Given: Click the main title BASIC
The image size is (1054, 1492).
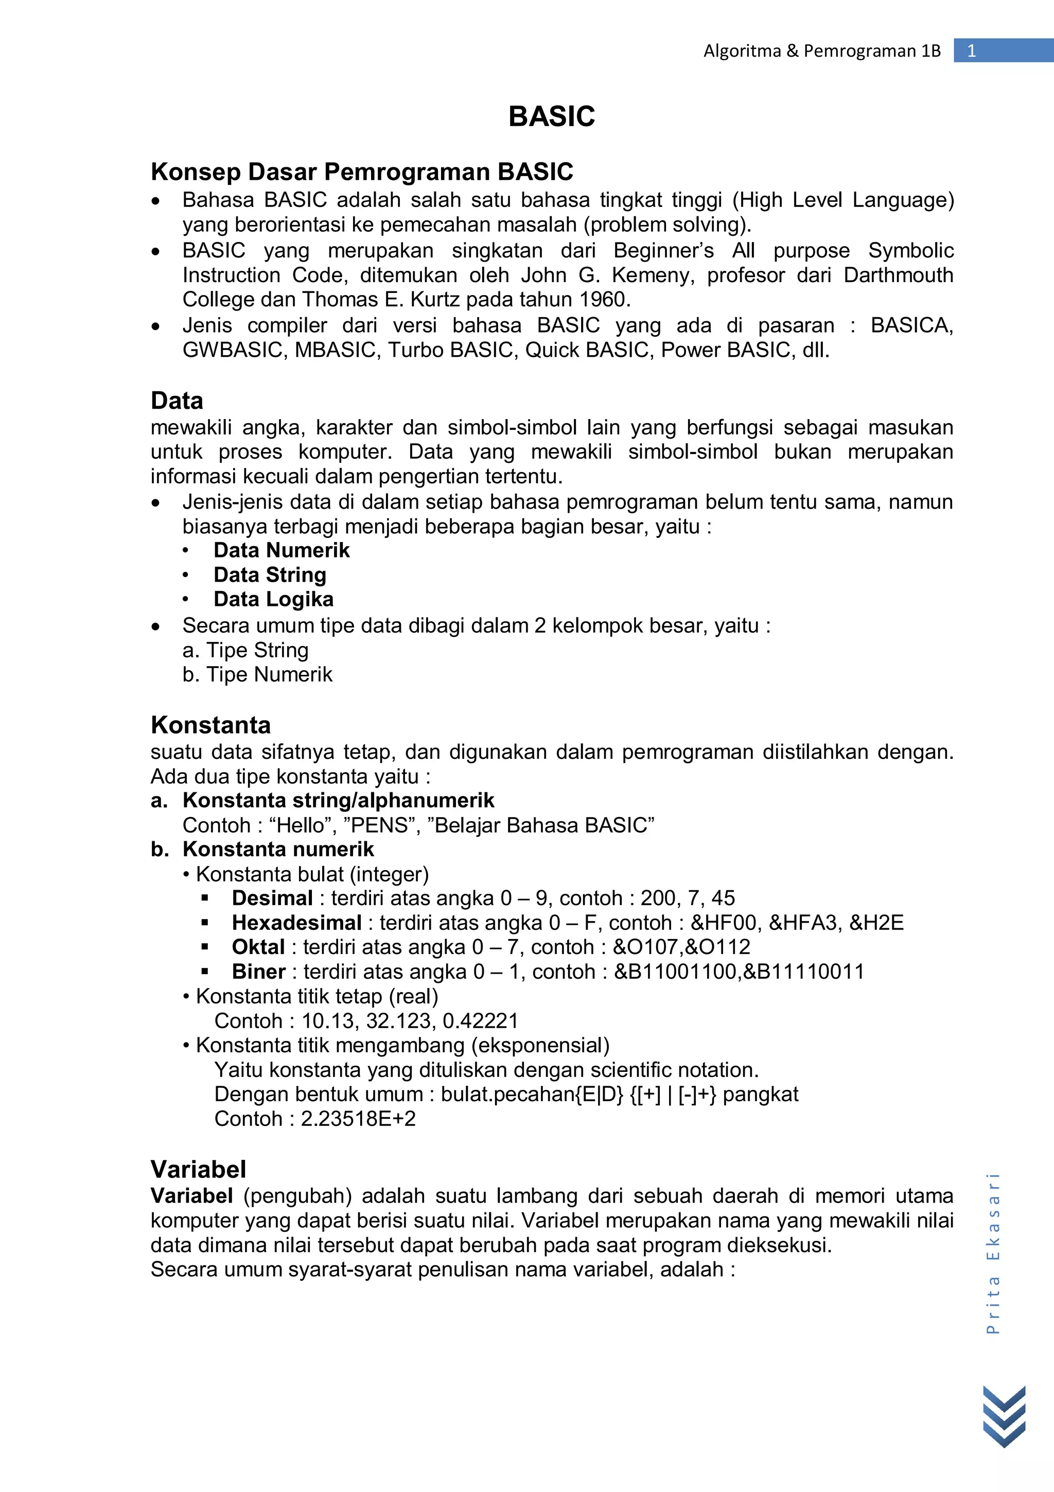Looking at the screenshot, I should pyautogui.click(x=551, y=117).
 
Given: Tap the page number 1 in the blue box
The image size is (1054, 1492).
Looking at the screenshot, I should pyautogui.click(x=972, y=50).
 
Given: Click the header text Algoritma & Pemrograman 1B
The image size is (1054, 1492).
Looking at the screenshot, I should pyautogui.click(x=821, y=50).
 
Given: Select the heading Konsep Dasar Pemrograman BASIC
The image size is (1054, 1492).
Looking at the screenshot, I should pyautogui.click(x=362, y=172).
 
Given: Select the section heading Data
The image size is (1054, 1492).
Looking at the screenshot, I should pyautogui.click(x=177, y=401).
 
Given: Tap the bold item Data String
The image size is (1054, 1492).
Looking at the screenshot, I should pyautogui.click(x=270, y=575).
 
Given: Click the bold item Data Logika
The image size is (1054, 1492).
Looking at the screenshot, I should pyautogui.click(x=273, y=599).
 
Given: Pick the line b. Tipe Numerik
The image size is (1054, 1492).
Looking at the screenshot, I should pyautogui.click(x=257, y=674).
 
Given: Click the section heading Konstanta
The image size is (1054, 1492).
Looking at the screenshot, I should pyautogui.click(x=210, y=724).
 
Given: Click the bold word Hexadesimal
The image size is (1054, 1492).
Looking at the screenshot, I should pyautogui.click(x=296, y=923).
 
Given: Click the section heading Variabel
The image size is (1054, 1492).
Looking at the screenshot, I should pyautogui.click(x=198, y=1169).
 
